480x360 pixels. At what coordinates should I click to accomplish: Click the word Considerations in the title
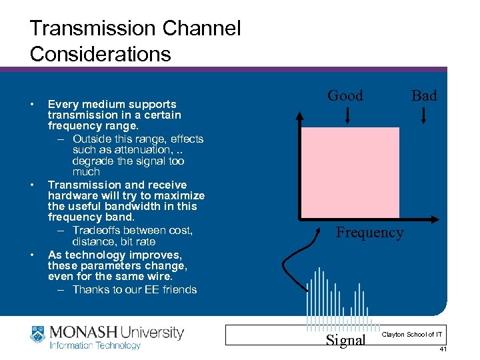[x=100, y=54]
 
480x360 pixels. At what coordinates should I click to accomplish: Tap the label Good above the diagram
[x=345, y=96]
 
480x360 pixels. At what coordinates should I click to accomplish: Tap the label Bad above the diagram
[x=424, y=96]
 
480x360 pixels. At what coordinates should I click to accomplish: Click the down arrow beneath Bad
[x=425, y=116]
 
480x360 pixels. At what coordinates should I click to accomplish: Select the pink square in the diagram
[x=350, y=172]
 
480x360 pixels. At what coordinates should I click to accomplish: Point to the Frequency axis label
[x=369, y=233]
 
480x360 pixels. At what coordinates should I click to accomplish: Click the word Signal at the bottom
[x=345, y=340]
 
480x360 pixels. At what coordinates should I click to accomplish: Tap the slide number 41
[x=443, y=349]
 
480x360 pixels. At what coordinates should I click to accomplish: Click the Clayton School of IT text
[x=412, y=334]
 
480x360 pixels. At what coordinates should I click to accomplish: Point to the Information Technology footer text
[x=95, y=346]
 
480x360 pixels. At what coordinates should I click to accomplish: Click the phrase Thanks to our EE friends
[x=135, y=289]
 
